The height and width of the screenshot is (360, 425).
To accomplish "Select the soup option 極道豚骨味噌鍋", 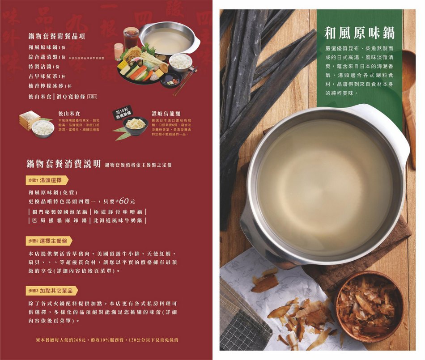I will point(119,211).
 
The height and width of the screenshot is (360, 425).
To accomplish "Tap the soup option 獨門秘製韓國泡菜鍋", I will point(59,211).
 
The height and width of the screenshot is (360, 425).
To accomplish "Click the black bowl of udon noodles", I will point(136,125).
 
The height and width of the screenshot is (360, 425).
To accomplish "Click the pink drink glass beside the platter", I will point(119,51).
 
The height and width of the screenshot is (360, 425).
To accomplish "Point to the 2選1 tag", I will point(93,97).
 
